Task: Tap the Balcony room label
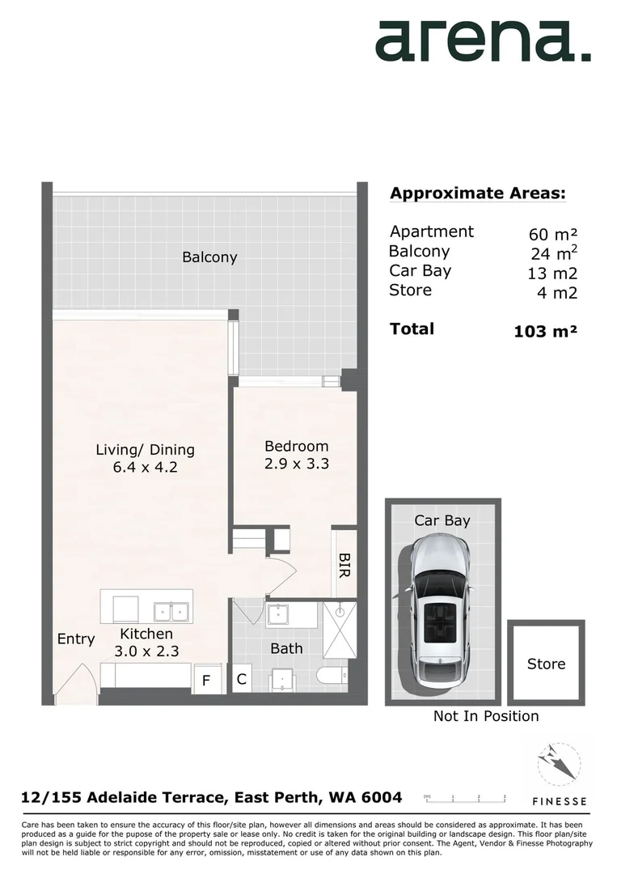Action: [x=209, y=257]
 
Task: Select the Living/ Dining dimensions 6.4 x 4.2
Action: [x=145, y=467]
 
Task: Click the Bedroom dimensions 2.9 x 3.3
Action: [x=297, y=464]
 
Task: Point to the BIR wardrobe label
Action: [x=344, y=563]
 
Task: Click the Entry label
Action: [x=76, y=639]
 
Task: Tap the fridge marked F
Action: [x=206, y=681]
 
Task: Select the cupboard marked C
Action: [x=241, y=680]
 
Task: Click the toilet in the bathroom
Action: [x=332, y=676]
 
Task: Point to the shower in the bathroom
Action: [x=340, y=630]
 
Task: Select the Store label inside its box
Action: [x=546, y=664]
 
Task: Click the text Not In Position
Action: [x=485, y=716]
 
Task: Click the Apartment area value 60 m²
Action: [x=553, y=235]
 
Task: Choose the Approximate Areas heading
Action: [x=477, y=193]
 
